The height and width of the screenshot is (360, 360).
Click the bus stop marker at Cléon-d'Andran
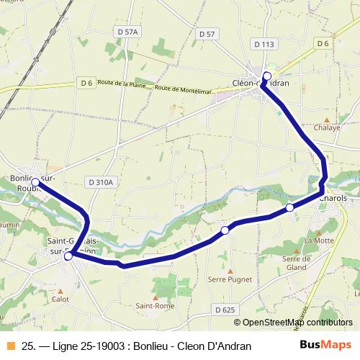click(267, 76)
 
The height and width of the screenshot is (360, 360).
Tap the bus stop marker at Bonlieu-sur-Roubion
click(35, 183)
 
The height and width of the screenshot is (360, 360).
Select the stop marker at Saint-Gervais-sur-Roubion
click(68, 256)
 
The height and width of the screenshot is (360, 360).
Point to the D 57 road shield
click(206, 34)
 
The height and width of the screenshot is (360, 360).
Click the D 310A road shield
click(100, 183)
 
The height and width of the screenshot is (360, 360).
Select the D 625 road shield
click(225, 310)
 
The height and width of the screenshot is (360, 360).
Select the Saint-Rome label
click(153, 305)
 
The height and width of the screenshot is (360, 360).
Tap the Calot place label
click(60, 298)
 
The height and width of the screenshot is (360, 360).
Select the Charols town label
click(333, 198)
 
